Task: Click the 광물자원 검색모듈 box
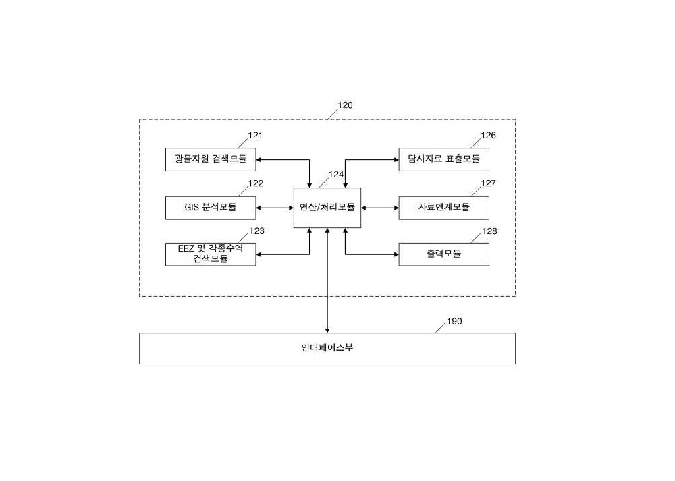(x=211, y=160)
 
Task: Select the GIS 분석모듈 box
(x=211, y=208)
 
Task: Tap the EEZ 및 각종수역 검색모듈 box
(x=211, y=254)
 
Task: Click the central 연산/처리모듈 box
(x=327, y=208)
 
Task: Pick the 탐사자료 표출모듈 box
(x=444, y=160)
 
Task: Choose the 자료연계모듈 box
(x=444, y=208)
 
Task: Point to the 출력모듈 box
(x=444, y=254)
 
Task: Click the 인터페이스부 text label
(x=327, y=347)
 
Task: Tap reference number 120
(x=345, y=105)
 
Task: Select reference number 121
(x=255, y=135)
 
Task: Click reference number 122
(x=256, y=183)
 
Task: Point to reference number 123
(x=256, y=231)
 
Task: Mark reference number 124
(x=336, y=174)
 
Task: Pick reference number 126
(x=488, y=135)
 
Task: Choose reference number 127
(x=488, y=183)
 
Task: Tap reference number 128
(x=489, y=231)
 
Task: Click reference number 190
(x=454, y=321)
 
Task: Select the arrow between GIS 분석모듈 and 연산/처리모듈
(x=275, y=208)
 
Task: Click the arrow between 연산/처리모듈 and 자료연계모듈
(x=379, y=208)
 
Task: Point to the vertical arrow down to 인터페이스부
(x=327, y=281)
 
